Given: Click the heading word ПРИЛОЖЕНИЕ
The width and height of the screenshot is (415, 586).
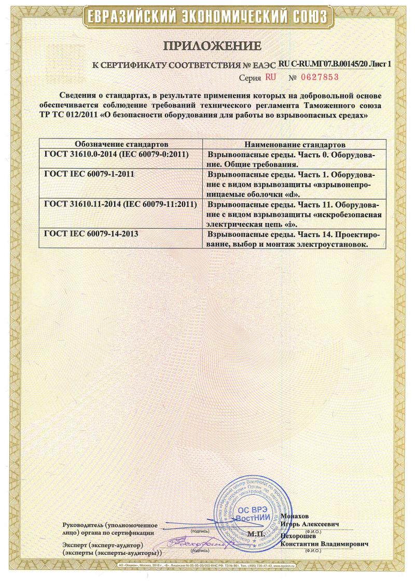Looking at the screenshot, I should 212,47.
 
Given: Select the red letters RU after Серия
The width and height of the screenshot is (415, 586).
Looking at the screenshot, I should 271,77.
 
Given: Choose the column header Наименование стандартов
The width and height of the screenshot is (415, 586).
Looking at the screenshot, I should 295,144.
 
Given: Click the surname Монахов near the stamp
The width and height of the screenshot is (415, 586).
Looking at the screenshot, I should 294,517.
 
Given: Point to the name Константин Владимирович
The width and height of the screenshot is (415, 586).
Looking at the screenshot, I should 324,545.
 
